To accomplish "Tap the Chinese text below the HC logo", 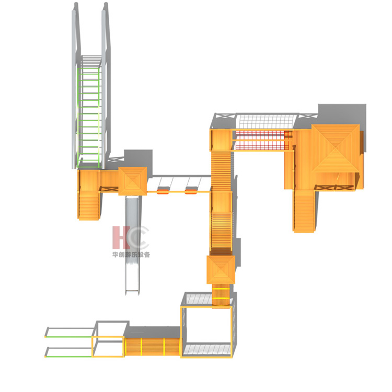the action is click(x=131, y=255).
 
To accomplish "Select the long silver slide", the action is click(x=132, y=245).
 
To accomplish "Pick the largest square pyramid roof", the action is click(x=335, y=148).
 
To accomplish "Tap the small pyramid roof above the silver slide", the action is click(x=133, y=181).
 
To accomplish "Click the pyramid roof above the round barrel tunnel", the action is click(x=221, y=270).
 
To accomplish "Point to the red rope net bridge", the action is click(x=262, y=140).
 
